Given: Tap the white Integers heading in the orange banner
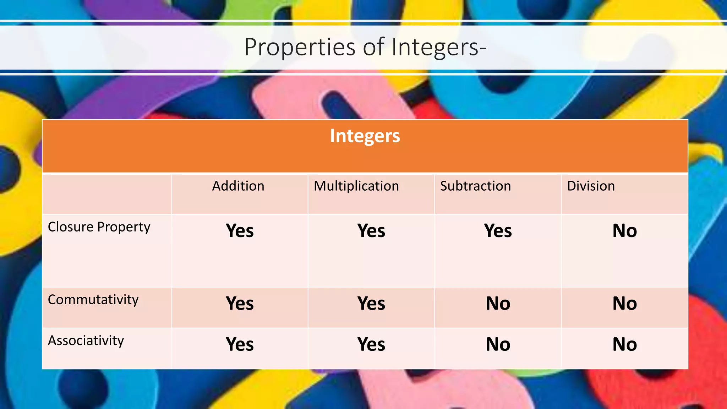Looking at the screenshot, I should tap(365, 136).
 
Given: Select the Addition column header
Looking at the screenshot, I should tap(238, 186).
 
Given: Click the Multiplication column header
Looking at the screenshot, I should tap(356, 186).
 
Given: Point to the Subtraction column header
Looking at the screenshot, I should tap(475, 186).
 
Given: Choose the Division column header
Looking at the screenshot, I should tap(591, 186).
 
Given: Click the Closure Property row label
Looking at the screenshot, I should tap(99, 227).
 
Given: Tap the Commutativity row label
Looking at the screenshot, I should tap(93, 300).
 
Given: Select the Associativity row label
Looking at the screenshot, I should tap(86, 340).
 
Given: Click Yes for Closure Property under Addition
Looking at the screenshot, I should tap(240, 231).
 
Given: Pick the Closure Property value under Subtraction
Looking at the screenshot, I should tap(498, 231).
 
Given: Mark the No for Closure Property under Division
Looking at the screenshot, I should tap(624, 231).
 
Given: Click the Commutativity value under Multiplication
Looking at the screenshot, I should tap(371, 304).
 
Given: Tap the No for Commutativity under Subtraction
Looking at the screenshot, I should tap(498, 304).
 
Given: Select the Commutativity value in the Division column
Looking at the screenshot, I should tap(624, 304).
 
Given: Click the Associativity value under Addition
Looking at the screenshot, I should tap(240, 344).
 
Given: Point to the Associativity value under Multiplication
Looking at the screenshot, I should tap(371, 344).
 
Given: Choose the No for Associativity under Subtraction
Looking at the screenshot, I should tap(498, 344).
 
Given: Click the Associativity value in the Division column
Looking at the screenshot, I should tap(624, 344).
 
